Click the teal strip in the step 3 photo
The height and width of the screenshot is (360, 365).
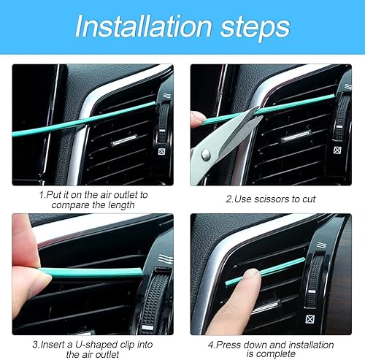tap(88, 271)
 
